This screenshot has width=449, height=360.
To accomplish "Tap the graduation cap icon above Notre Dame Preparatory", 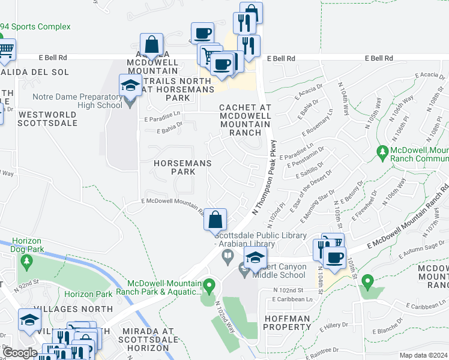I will coord(130,86).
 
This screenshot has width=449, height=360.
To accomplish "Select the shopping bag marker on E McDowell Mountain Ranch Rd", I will coord(215,220).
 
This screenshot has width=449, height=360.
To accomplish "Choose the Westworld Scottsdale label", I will coord(47,118).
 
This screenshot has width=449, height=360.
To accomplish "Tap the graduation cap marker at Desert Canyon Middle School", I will coord(255,258).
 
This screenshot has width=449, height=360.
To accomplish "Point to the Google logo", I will coord(20,353).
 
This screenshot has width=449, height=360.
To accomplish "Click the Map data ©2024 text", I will coord(424,355).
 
